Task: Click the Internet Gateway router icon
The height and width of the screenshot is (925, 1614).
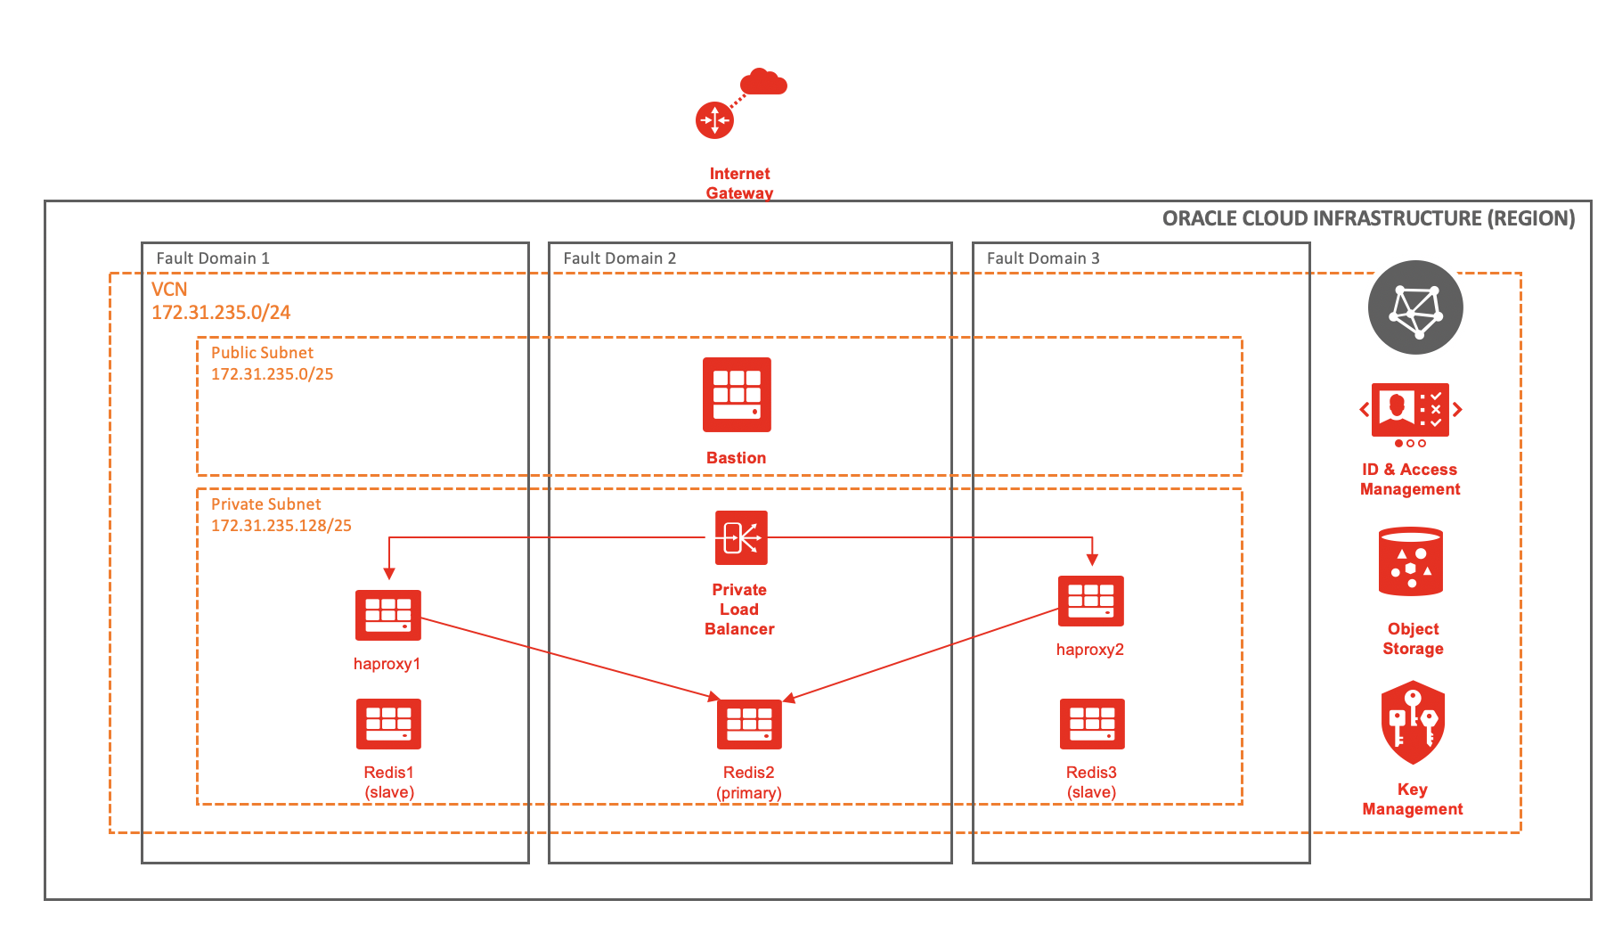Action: [x=714, y=120]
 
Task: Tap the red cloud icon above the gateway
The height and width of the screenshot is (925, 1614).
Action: [x=764, y=83]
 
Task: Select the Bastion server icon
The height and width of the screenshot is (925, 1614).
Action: [x=737, y=395]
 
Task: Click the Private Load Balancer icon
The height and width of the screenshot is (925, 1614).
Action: [x=741, y=537]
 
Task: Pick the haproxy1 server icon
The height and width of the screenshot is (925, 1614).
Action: [x=387, y=615]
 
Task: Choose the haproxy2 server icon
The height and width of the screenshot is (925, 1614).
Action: [x=1090, y=601]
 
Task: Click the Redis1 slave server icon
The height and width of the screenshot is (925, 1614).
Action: [x=388, y=724]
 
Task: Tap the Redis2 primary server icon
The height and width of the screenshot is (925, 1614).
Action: [x=749, y=724]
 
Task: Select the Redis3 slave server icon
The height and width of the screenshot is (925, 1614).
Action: [x=1092, y=724]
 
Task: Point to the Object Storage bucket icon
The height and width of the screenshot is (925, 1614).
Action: [x=1410, y=562]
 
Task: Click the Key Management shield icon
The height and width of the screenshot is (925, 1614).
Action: [x=1413, y=723]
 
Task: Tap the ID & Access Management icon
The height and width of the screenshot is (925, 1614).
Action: [x=1410, y=410]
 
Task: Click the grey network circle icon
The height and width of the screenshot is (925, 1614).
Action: [x=1415, y=307]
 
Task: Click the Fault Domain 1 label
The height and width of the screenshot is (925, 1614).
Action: [x=213, y=258]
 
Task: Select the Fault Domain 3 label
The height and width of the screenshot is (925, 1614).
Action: [x=1043, y=258]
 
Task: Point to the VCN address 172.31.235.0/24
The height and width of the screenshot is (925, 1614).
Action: [x=221, y=313]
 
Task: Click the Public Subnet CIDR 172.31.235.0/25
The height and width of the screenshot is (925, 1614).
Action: [x=272, y=374]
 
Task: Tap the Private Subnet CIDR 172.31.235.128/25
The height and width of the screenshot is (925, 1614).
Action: [x=281, y=526]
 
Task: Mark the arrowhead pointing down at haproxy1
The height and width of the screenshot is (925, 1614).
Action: [x=389, y=574]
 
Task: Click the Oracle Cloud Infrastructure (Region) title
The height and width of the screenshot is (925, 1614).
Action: [x=1368, y=219]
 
